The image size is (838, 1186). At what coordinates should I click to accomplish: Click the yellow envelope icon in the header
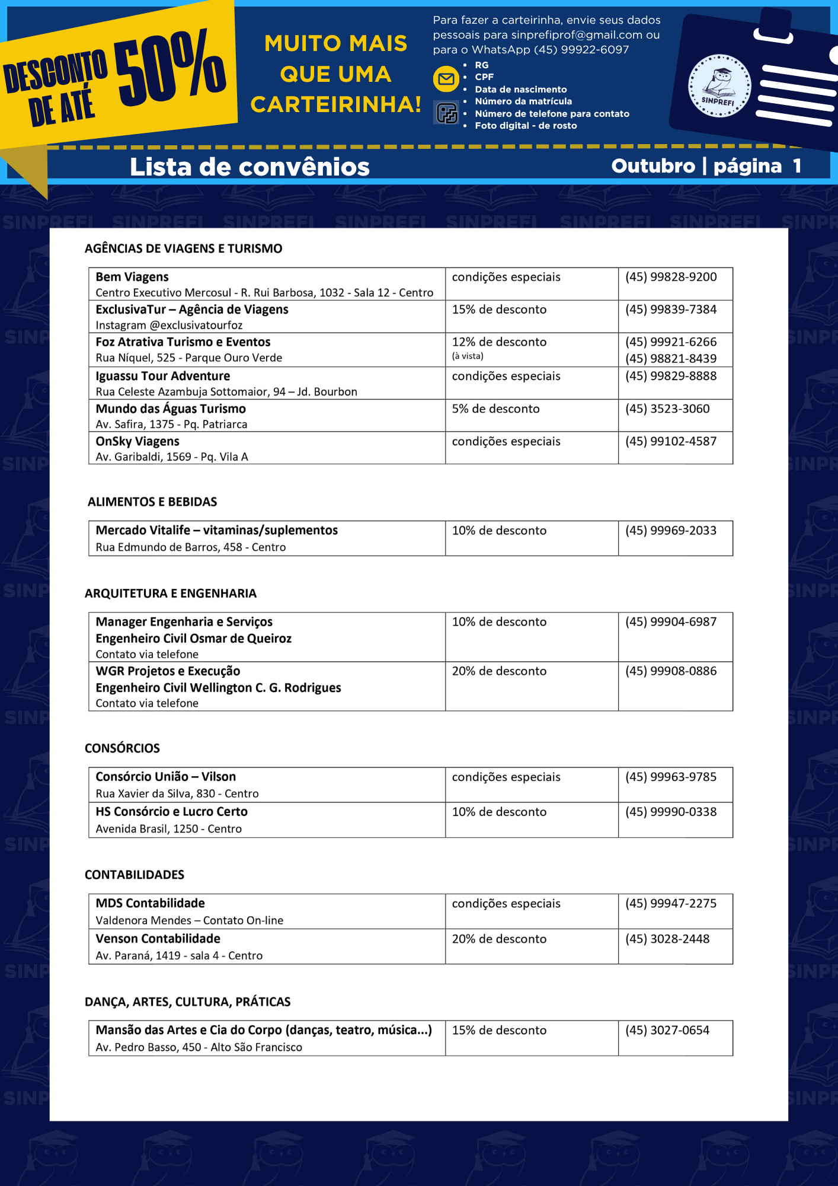coord(446,79)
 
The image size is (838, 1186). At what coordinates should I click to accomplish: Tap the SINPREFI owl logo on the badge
coord(719,86)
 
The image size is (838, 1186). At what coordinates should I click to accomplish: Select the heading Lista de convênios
coord(250,167)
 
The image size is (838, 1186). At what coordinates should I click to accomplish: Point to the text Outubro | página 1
coord(706,166)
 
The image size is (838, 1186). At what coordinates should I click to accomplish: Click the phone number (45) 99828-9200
coord(670,277)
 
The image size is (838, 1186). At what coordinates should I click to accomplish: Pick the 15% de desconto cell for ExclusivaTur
coord(499,310)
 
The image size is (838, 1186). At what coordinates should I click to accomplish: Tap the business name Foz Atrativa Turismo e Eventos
coord(183,342)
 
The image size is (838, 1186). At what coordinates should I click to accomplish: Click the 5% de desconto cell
coord(495,409)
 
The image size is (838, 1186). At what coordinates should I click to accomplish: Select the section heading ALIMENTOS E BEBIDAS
coord(152,502)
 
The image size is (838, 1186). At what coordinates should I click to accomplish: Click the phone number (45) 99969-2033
coord(670,530)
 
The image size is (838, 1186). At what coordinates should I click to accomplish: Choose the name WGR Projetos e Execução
coord(168,671)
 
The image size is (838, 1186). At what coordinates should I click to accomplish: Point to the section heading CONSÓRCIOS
coord(122,748)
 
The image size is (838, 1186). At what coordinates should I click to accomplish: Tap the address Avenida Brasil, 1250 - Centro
coord(168,828)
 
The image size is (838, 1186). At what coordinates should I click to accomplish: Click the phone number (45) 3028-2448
coord(667,939)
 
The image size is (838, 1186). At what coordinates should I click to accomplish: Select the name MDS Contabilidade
coord(150,903)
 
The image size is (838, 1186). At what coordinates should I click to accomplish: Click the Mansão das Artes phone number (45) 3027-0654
coord(667,1030)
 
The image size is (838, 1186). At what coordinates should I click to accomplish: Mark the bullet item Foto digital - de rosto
coord(525,126)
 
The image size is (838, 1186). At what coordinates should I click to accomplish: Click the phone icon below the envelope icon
coord(446,113)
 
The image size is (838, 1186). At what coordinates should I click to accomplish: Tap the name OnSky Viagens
coord(137,441)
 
